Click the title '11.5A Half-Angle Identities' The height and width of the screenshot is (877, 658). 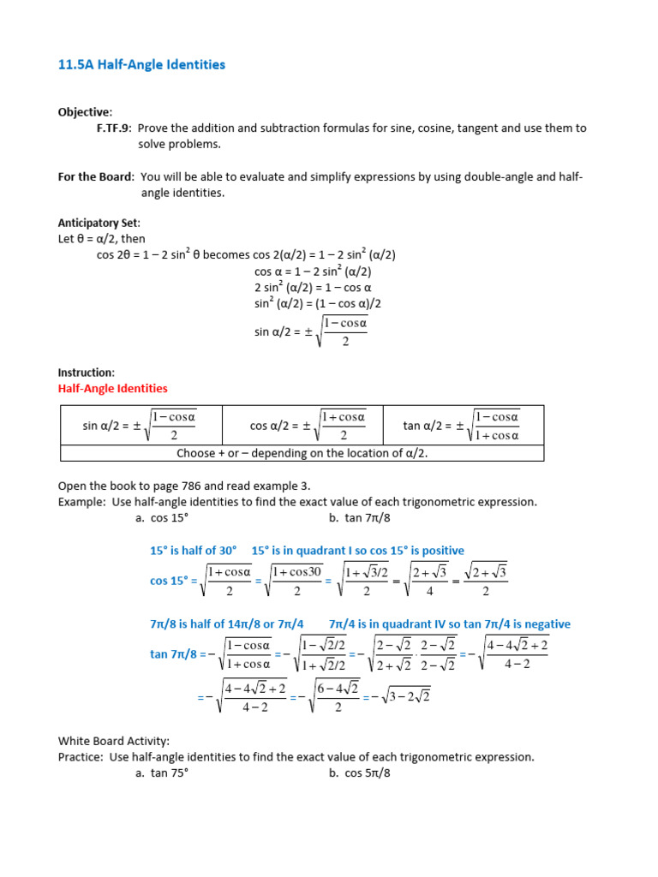pyautogui.click(x=141, y=64)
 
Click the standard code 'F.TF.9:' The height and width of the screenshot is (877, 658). pyautogui.click(x=114, y=128)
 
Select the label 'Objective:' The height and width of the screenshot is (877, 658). pyautogui.click(x=84, y=112)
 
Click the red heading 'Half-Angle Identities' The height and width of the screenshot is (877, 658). pyautogui.click(x=112, y=388)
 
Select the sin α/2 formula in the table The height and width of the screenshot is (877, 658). pyautogui.click(x=141, y=425)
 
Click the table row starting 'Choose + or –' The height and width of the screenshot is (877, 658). pyautogui.click(x=302, y=453)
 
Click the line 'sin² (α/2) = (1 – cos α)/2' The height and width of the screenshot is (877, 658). pyautogui.click(x=317, y=303)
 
